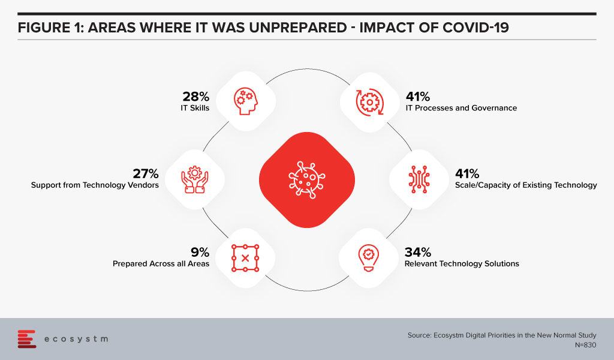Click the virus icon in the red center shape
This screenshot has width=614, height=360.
pos(307,180)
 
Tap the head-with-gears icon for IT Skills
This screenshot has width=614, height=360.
pos(246,101)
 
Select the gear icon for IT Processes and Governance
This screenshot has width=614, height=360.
pos(369,102)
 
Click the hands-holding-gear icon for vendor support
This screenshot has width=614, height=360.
pos(195,180)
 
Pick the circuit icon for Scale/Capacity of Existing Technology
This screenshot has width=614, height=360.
pos(419,179)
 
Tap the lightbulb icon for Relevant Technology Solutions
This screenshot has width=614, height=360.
pos(369,258)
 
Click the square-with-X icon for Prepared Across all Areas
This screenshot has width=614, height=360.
pos(245,258)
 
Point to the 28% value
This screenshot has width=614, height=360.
pos(196,97)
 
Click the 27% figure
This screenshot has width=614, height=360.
pos(146,173)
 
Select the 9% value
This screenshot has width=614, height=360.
pos(200,252)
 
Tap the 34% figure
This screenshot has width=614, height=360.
pos(418,252)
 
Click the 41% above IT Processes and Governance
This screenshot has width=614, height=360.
pos(418,97)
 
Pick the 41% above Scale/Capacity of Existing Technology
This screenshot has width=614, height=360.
pos(467,173)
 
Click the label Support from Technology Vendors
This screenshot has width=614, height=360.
pos(95,185)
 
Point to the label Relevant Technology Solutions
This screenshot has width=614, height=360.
pos(462,263)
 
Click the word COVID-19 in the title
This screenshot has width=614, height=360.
pos(475,28)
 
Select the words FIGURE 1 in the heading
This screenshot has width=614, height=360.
pos(50,28)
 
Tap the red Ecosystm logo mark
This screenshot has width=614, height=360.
pos(26,339)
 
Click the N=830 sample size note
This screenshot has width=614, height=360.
pos(585,345)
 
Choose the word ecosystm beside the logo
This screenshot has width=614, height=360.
pos(76,339)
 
